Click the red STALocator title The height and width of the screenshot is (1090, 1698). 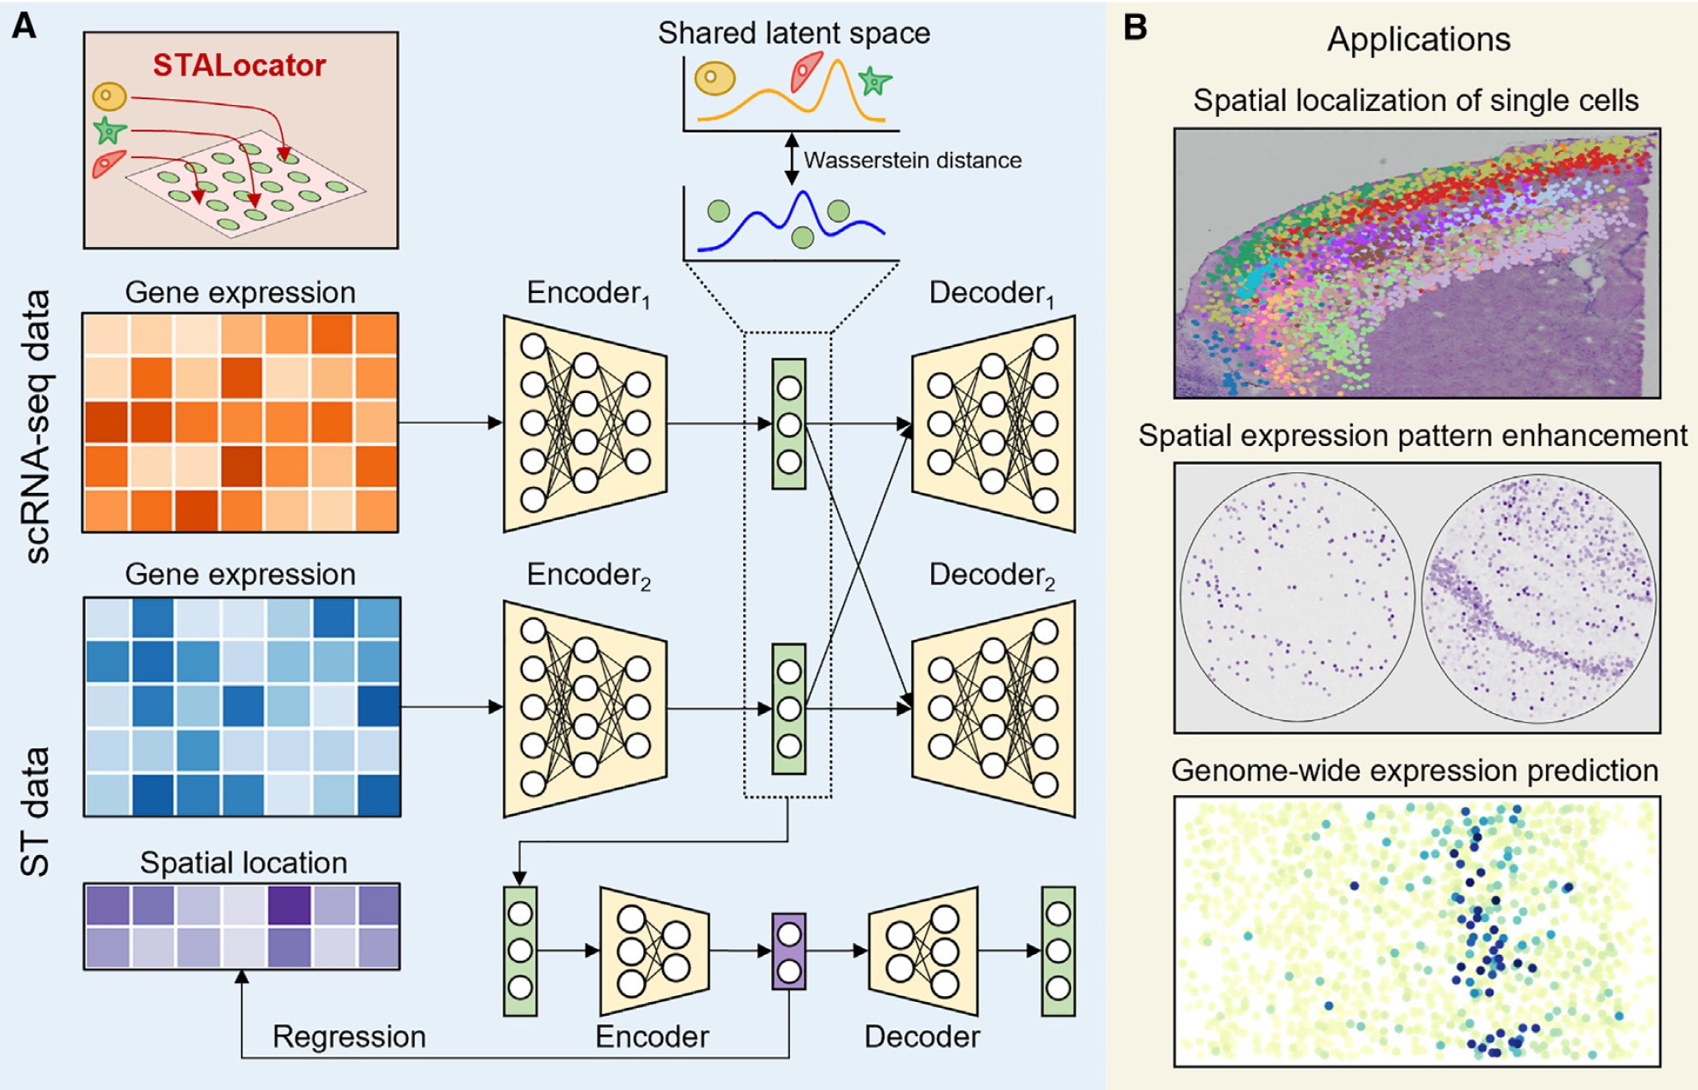[x=239, y=66]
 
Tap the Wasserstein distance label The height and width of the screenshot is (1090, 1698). [x=912, y=160]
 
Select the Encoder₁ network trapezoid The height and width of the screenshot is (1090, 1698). [x=584, y=424]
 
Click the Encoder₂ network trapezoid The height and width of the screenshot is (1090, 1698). [x=584, y=708]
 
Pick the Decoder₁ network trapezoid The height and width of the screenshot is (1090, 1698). [x=993, y=424]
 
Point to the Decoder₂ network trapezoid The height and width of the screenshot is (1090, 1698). [x=993, y=708]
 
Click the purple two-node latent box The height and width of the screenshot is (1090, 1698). [x=788, y=951]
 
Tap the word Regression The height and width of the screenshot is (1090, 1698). [x=348, y=1036]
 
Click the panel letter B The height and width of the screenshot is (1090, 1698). [x=1135, y=27]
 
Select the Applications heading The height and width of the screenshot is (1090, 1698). [x=1418, y=39]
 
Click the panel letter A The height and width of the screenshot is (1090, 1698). [x=24, y=26]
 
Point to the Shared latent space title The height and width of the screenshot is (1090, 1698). [x=793, y=32]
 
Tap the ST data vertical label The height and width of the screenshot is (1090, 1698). [x=36, y=812]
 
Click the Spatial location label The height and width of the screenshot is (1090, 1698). [x=243, y=863]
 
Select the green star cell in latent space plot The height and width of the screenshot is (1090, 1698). [x=875, y=81]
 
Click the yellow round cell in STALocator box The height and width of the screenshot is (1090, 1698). [x=110, y=96]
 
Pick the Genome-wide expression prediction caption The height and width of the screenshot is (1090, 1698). [x=1414, y=771]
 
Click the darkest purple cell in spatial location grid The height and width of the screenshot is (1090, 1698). [x=289, y=905]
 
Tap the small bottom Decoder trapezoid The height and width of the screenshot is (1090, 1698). [x=922, y=951]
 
